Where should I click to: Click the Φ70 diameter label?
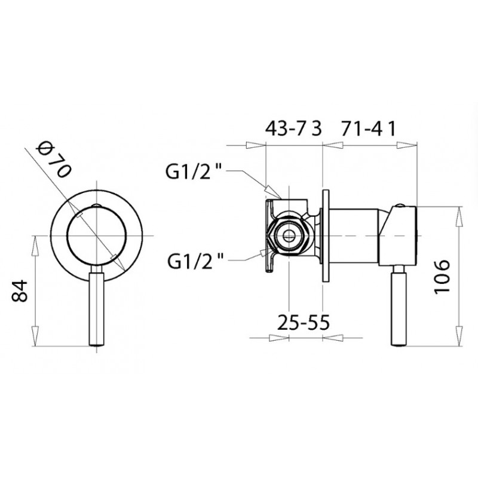[53, 160]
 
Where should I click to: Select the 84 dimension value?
[20, 291]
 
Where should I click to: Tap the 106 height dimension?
[442, 277]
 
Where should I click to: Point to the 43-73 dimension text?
[293, 129]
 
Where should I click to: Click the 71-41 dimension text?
[368, 129]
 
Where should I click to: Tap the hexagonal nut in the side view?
[288, 235]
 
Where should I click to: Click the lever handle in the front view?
[97, 308]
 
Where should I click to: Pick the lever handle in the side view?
[399, 308]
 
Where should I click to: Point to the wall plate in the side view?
[325, 235]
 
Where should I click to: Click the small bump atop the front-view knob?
[96, 205]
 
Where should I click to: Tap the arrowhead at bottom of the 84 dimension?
[35, 336]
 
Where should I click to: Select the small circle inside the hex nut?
[288, 235]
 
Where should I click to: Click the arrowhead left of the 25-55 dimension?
[278, 338]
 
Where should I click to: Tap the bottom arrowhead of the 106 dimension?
[459, 336]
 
